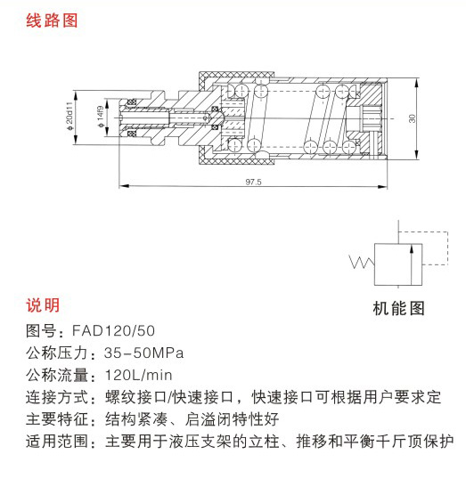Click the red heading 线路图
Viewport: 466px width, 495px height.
point(52,20)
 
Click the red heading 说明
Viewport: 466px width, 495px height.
point(43,305)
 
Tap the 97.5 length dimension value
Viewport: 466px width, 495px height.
point(253,182)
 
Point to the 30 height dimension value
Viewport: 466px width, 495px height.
point(412,118)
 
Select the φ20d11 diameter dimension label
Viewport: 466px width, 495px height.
point(69,116)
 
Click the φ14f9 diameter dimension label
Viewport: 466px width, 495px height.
point(101,117)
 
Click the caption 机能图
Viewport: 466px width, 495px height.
point(398,308)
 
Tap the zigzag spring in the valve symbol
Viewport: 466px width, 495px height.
point(362,262)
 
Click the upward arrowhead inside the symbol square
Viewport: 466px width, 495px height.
point(411,249)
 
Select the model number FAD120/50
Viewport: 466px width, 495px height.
point(113,331)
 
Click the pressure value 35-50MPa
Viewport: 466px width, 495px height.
point(143,353)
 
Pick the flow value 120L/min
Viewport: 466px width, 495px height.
point(139,375)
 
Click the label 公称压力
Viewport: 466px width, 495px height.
point(57,353)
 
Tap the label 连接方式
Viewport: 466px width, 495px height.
point(57,397)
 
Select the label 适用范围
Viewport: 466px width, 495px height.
point(57,441)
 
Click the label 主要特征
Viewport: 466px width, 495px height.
point(57,419)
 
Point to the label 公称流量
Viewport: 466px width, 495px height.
point(57,375)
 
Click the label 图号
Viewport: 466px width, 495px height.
point(41,331)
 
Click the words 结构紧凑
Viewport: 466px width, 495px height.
point(136,419)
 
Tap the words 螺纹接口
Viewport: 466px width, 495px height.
point(136,397)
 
